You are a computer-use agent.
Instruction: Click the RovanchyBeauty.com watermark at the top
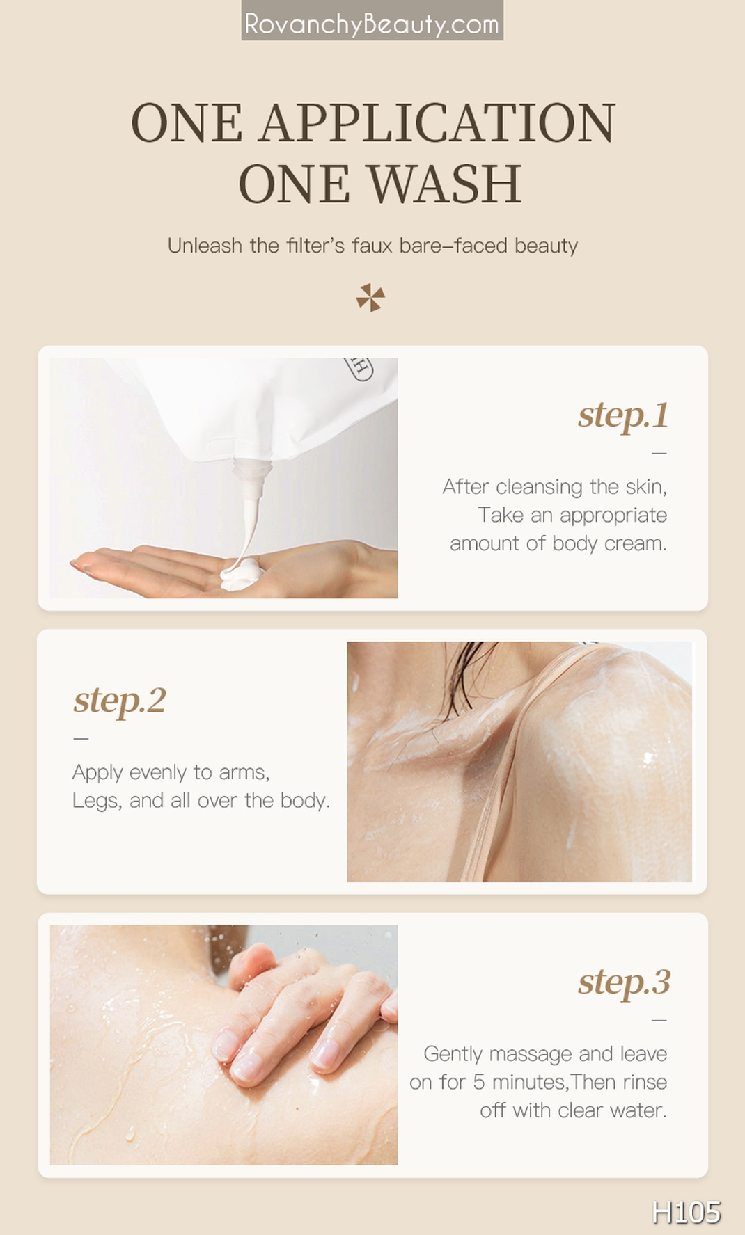[372, 24]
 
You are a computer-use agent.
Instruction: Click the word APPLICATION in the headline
[437, 124]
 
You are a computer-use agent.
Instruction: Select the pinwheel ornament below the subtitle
[370, 298]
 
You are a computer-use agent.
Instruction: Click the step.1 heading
[622, 415]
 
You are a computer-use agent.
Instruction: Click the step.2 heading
[120, 701]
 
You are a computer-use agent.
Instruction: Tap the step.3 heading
[624, 982]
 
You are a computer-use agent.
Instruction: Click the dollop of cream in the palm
[240, 575]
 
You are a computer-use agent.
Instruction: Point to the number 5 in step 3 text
[478, 1083]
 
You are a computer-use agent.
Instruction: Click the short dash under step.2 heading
[81, 738]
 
